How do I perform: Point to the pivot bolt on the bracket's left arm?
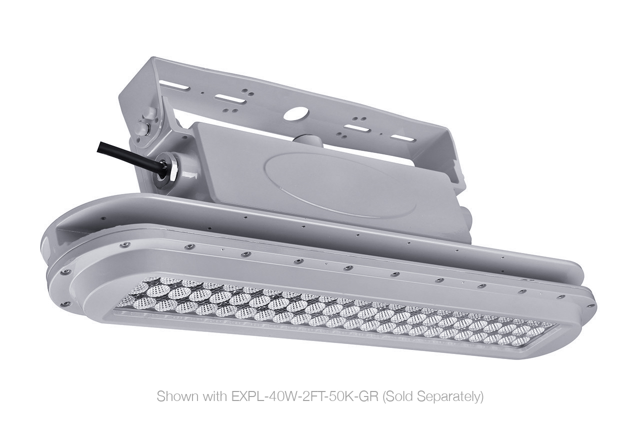[x=142, y=126]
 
